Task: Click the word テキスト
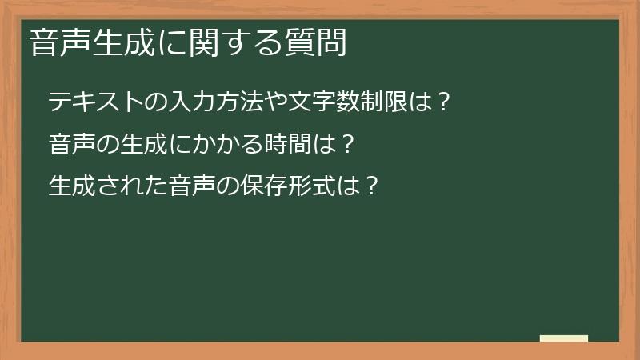coord(96,102)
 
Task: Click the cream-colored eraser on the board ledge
coord(564,338)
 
